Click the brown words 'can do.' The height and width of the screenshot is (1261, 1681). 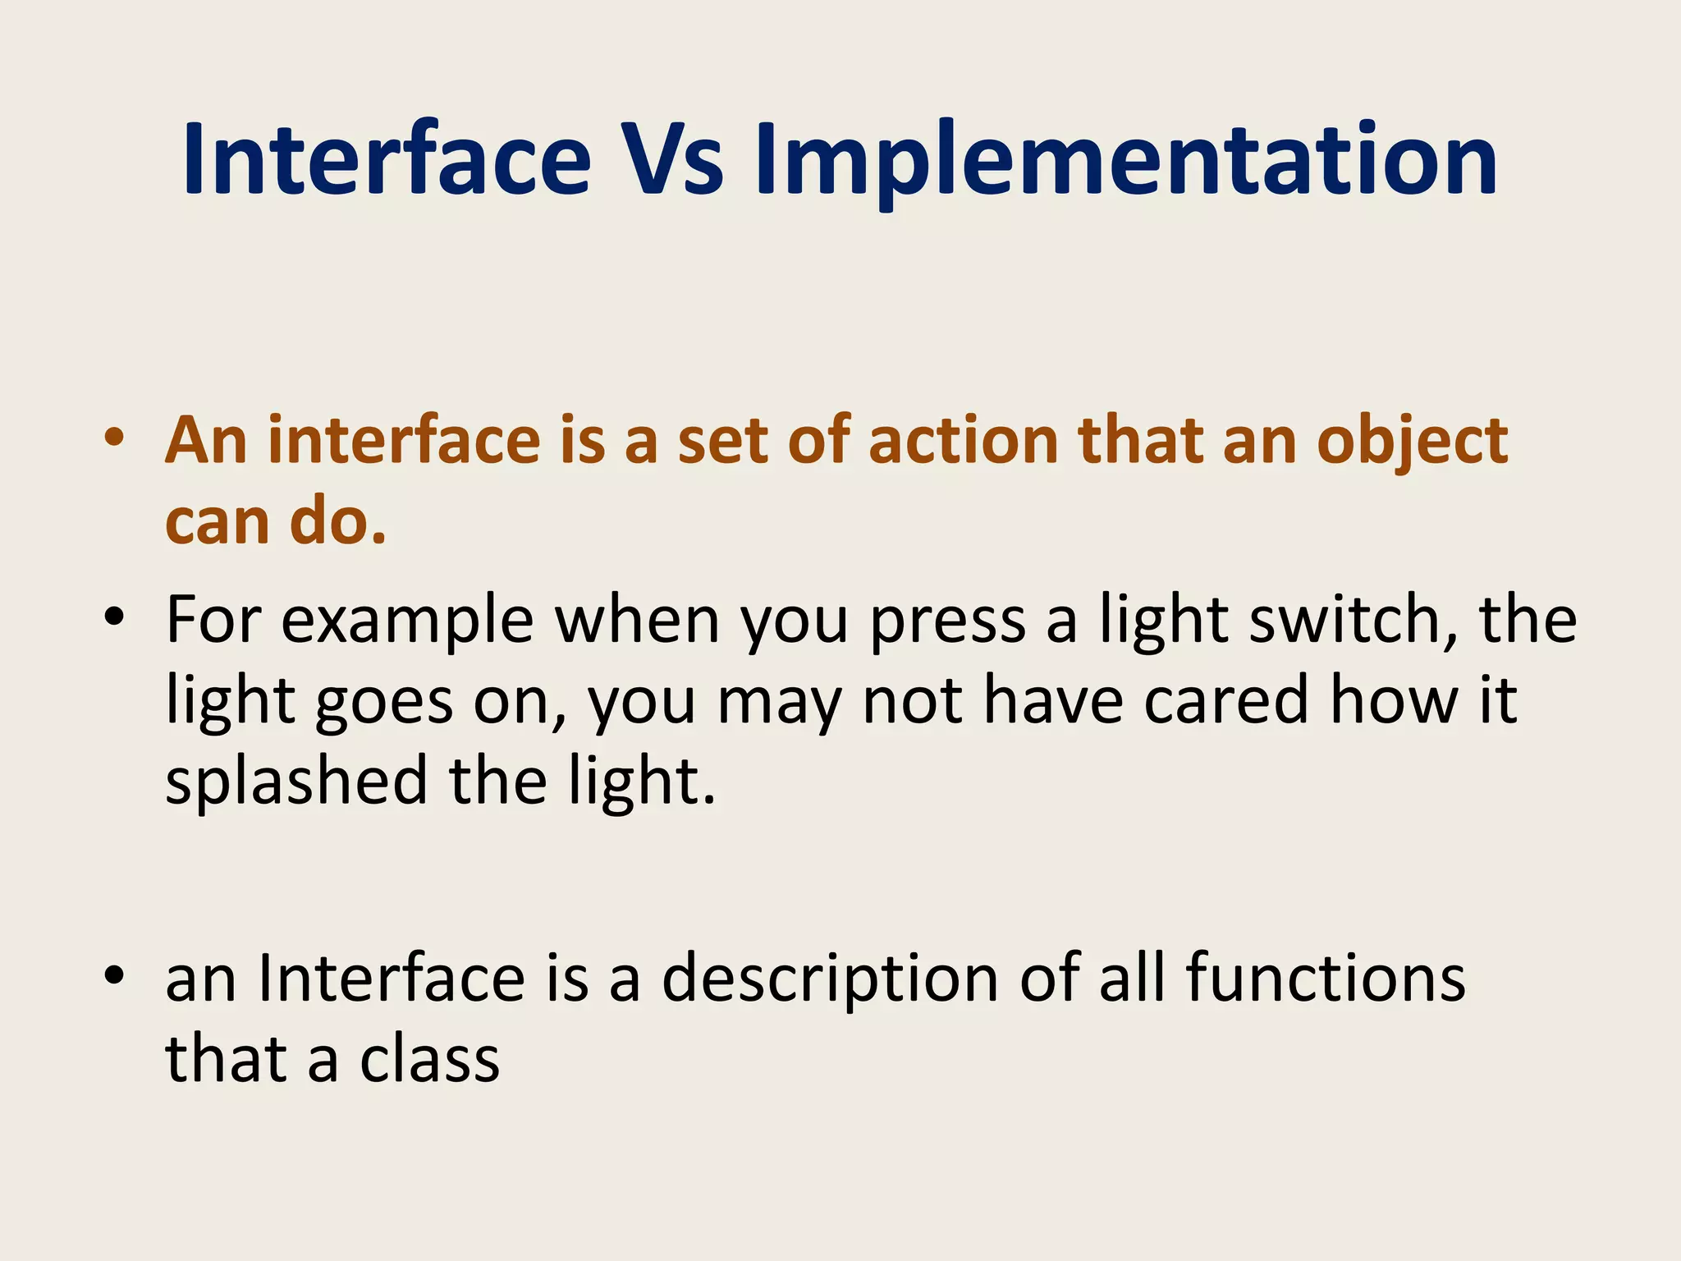[276, 522]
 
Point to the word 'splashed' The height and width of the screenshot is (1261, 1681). [296, 782]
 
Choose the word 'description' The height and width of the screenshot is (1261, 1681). [829, 980]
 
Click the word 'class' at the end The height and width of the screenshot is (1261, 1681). [429, 1059]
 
